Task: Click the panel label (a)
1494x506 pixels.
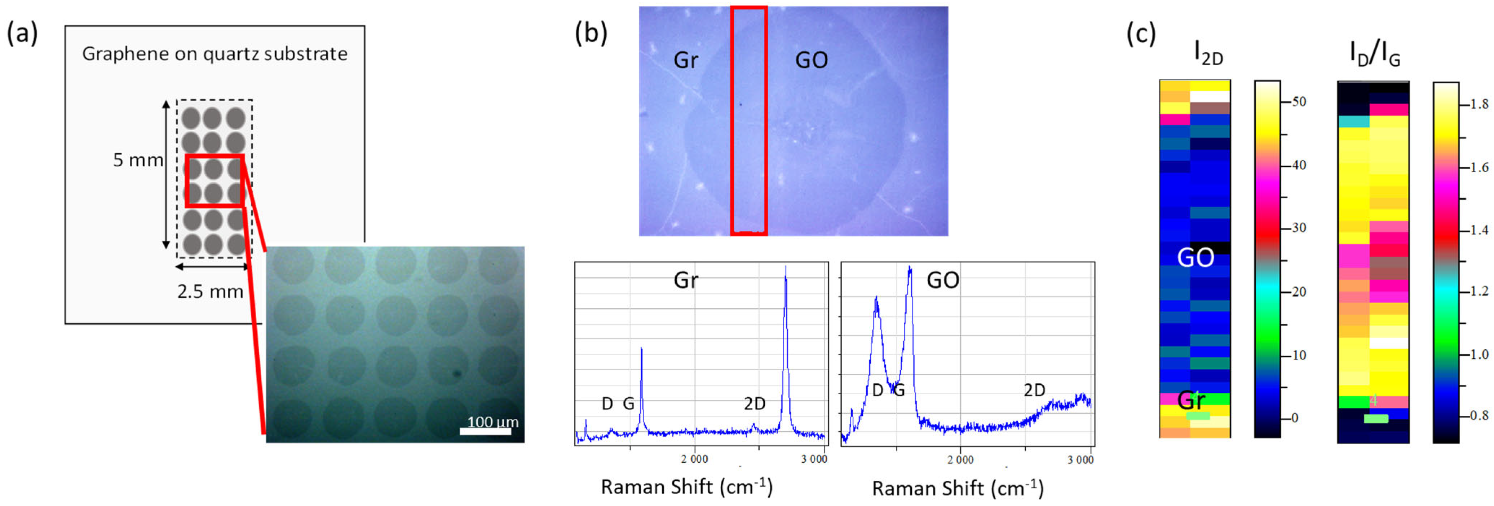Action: [22, 34]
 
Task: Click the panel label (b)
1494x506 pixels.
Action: [591, 34]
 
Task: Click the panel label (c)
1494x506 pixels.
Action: [1141, 34]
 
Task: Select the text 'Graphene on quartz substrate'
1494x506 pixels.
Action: [215, 54]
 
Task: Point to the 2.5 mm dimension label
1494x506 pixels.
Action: [210, 291]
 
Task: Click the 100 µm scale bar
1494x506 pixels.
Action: [485, 431]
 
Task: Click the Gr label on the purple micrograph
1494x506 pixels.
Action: [685, 60]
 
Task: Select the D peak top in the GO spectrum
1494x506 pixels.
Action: [876, 299]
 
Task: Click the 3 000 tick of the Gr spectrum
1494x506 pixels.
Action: [814, 459]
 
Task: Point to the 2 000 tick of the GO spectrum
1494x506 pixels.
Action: [960, 459]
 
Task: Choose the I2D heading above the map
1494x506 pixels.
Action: [1208, 54]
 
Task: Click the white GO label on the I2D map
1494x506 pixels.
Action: [1195, 257]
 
